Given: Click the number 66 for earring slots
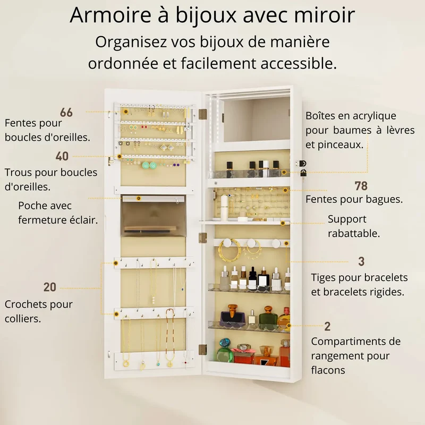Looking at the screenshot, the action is tap(66, 112).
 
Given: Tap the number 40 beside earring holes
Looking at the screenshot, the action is tap(62, 156).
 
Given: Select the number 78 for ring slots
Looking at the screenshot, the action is tap(361, 186).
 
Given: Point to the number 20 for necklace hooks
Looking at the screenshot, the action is tap(50, 287).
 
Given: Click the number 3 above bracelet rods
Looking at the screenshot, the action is tap(361, 261).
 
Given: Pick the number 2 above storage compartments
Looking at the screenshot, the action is tap(327, 326).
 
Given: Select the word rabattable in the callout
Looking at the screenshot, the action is tap(354, 233).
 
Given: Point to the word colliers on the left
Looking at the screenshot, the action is tap(23, 318).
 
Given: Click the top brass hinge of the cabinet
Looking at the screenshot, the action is tap(202, 114).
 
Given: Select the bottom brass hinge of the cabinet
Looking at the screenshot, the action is tap(202, 350).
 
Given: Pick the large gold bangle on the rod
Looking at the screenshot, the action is tap(229, 249).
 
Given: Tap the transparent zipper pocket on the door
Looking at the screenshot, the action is tap(154, 216).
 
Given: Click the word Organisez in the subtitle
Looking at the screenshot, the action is tap(131, 42).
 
